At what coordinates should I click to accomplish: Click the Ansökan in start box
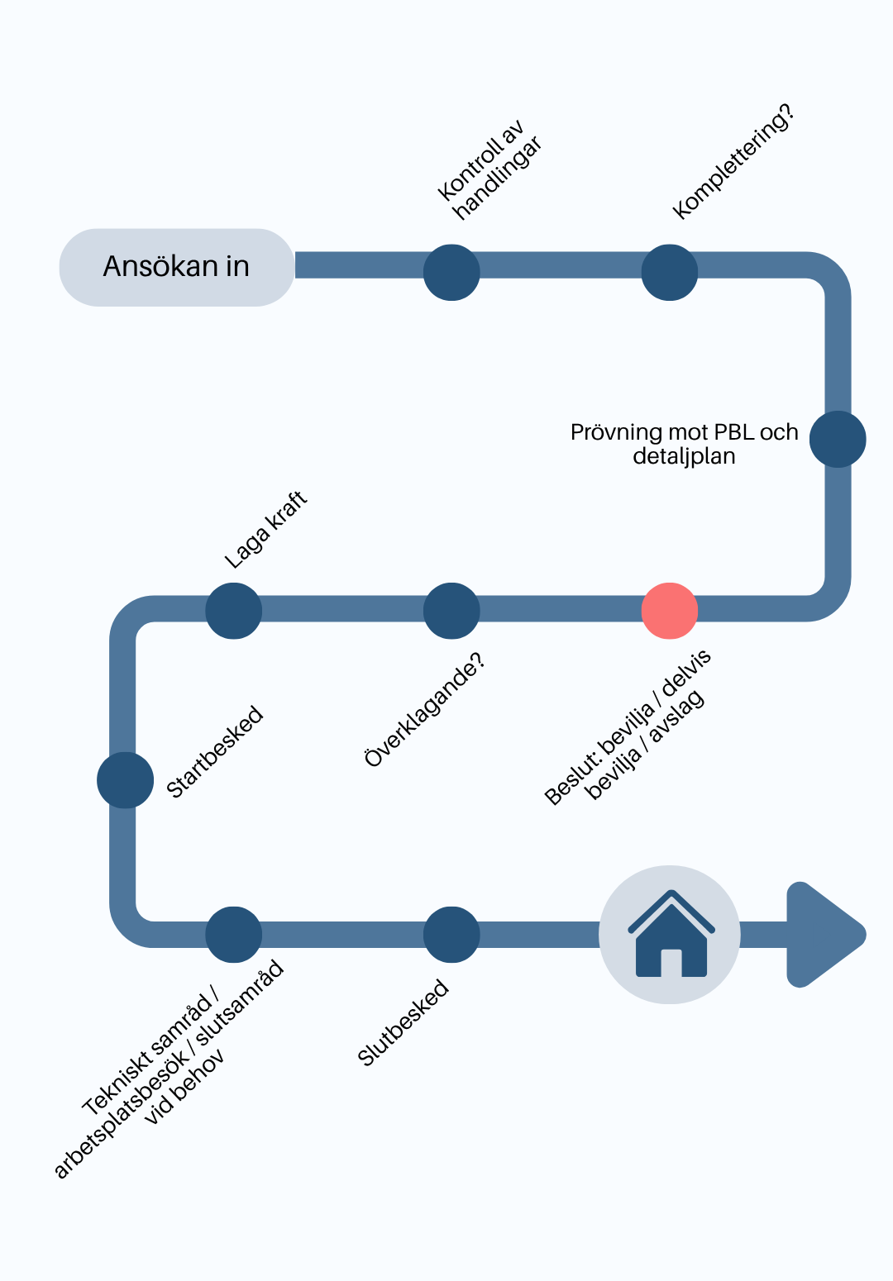177,267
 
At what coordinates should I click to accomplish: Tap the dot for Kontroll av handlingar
451,272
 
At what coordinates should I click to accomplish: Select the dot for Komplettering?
669,272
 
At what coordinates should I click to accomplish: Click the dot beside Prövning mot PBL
838,439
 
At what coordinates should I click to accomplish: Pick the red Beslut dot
669,611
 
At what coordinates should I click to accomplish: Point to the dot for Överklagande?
451,611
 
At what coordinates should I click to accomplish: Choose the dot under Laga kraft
233,611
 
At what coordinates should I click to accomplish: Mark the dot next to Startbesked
126,780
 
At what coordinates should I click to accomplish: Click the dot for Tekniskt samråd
233,935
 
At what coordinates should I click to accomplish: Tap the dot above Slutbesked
451,935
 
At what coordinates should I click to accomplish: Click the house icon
671,934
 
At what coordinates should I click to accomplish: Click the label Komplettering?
733,162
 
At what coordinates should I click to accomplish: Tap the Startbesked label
214,751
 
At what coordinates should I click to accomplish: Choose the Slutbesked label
403,1022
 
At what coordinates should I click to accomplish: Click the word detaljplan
684,456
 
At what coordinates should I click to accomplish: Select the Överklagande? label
424,709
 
